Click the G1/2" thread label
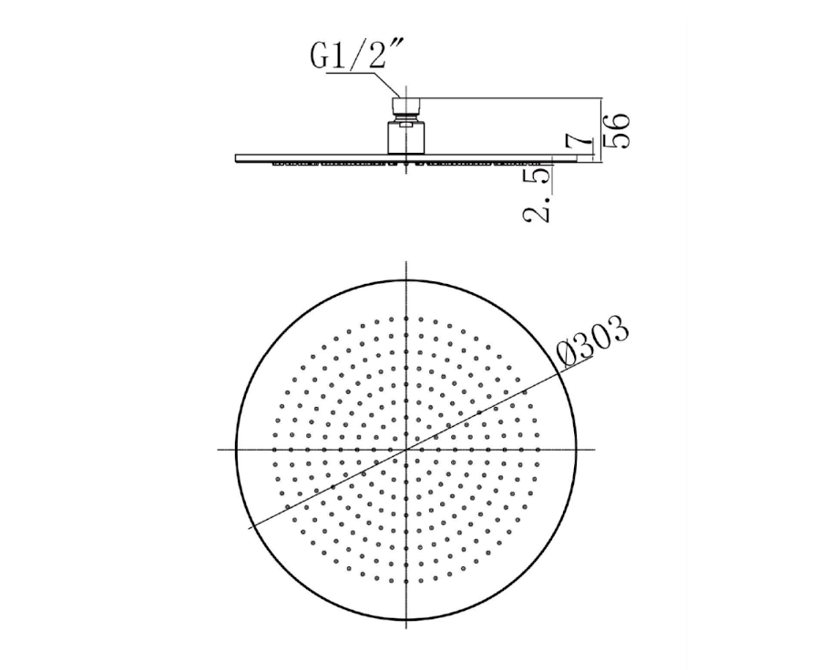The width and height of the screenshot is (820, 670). [356, 55]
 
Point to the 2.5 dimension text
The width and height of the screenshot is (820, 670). [537, 194]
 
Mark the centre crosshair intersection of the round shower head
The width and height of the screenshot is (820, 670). [406, 449]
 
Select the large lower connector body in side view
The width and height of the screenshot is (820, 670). [406, 137]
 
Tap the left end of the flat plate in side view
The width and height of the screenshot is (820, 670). [236, 157]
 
